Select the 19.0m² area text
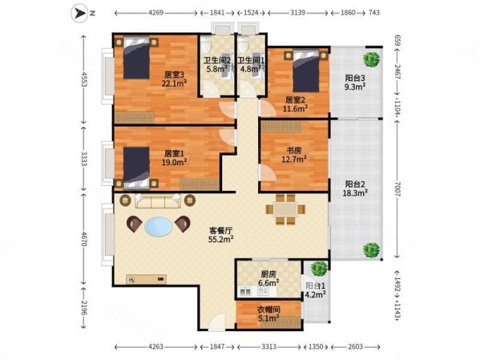click(x=174, y=162)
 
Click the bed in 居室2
click(x=306, y=71)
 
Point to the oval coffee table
click(x=159, y=226)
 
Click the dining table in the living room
click(x=285, y=209)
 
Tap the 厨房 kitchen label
click(x=268, y=274)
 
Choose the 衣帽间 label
click(x=268, y=309)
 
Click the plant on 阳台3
click(x=372, y=59)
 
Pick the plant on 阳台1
click(x=319, y=269)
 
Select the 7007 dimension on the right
click(x=397, y=189)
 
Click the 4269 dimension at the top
click(x=155, y=13)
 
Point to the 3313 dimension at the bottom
click(x=268, y=347)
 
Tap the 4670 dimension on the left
click(x=84, y=239)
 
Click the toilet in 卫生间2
click(x=207, y=45)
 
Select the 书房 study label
click(x=293, y=151)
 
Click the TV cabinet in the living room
click(x=147, y=279)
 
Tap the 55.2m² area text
click(x=221, y=239)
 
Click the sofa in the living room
click(x=157, y=200)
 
